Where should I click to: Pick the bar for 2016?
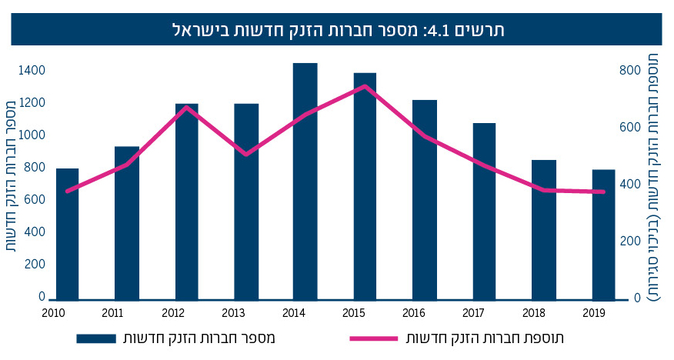[425, 200]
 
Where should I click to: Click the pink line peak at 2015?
[365, 86]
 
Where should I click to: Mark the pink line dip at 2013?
[245, 155]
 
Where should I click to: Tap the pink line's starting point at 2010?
[68, 191]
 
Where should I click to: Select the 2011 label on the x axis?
[113, 312]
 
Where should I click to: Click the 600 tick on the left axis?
[35, 200]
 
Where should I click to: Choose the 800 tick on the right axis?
[629, 71]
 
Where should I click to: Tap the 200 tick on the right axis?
[629, 242]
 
